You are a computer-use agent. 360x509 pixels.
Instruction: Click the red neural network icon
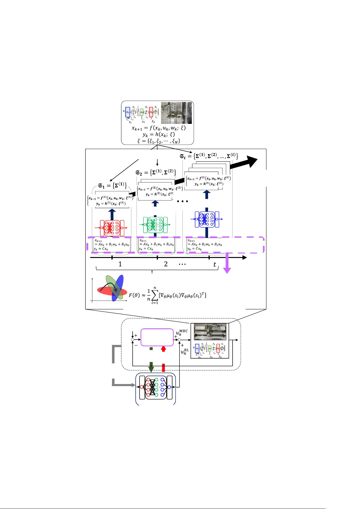pyautogui.click(x=112, y=228)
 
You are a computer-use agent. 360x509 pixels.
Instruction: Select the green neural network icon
pyautogui.click(x=155, y=225)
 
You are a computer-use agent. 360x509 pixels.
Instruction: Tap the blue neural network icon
pyautogui.click(x=207, y=219)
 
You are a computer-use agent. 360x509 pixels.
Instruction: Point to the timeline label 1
pyautogui.click(x=120, y=264)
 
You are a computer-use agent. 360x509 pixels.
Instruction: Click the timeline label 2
pyautogui.click(x=166, y=264)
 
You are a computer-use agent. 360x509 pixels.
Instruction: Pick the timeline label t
pyautogui.click(x=215, y=264)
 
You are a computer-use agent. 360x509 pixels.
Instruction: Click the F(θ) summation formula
pyautogui.click(x=168, y=295)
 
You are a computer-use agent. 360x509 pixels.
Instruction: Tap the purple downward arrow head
pyautogui.click(x=227, y=270)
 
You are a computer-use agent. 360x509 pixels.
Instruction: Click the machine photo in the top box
pyautogui.click(x=176, y=113)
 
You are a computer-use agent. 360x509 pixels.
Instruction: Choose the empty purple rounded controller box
pyautogui.click(x=157, y=337)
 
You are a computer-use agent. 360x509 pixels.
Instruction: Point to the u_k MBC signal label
pyautogui.click(x=182, y=333)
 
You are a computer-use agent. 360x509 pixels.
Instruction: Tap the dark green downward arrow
pyautogui.click(x=151, y=367)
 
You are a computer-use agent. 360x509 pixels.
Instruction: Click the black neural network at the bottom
pyautogui.click(x=156, y=387)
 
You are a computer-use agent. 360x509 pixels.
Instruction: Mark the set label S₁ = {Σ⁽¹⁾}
pyautogui.click(x=112, y=185)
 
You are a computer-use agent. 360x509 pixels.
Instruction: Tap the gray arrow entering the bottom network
pyautogui.click(x=124, y=385)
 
